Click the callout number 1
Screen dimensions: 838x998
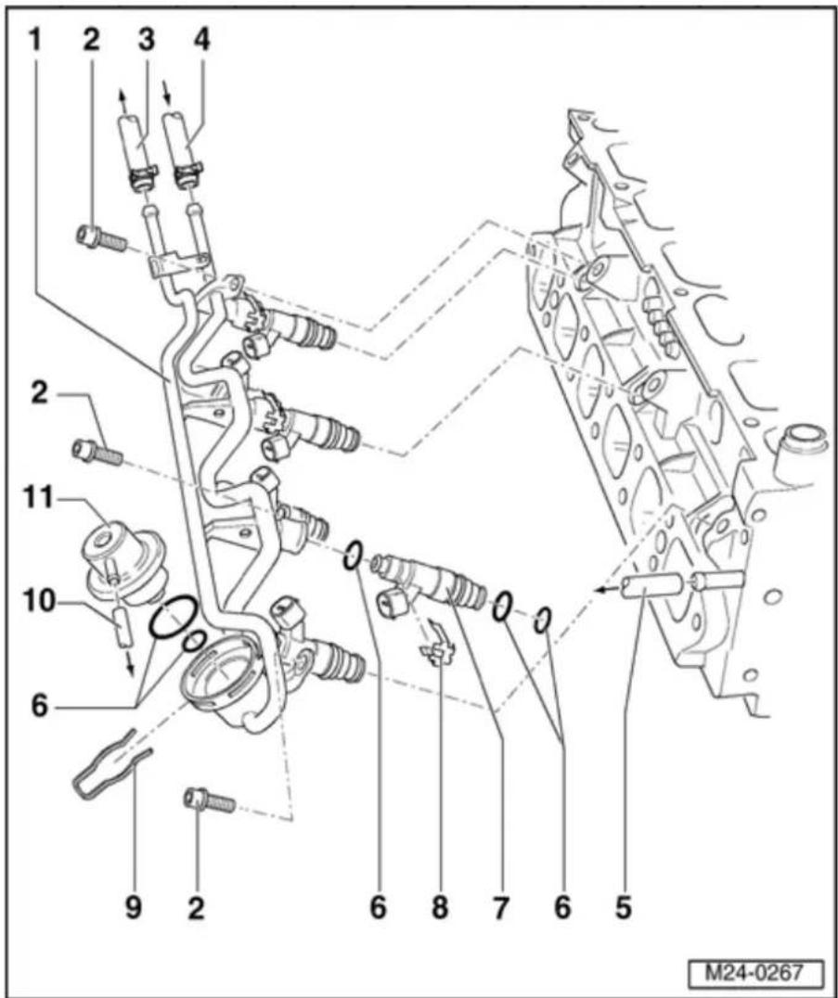(35, 41)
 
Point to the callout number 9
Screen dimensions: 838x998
(133, 907)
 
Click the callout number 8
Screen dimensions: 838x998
(440, 907)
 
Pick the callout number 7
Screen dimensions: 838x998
(501, 907)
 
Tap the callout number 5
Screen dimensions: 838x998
(624, 907)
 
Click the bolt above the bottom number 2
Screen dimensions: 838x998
(210, 800)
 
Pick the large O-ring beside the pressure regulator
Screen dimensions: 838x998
(172, 616)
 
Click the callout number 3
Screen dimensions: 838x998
(147, 41)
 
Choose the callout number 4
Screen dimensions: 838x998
(201, 41)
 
